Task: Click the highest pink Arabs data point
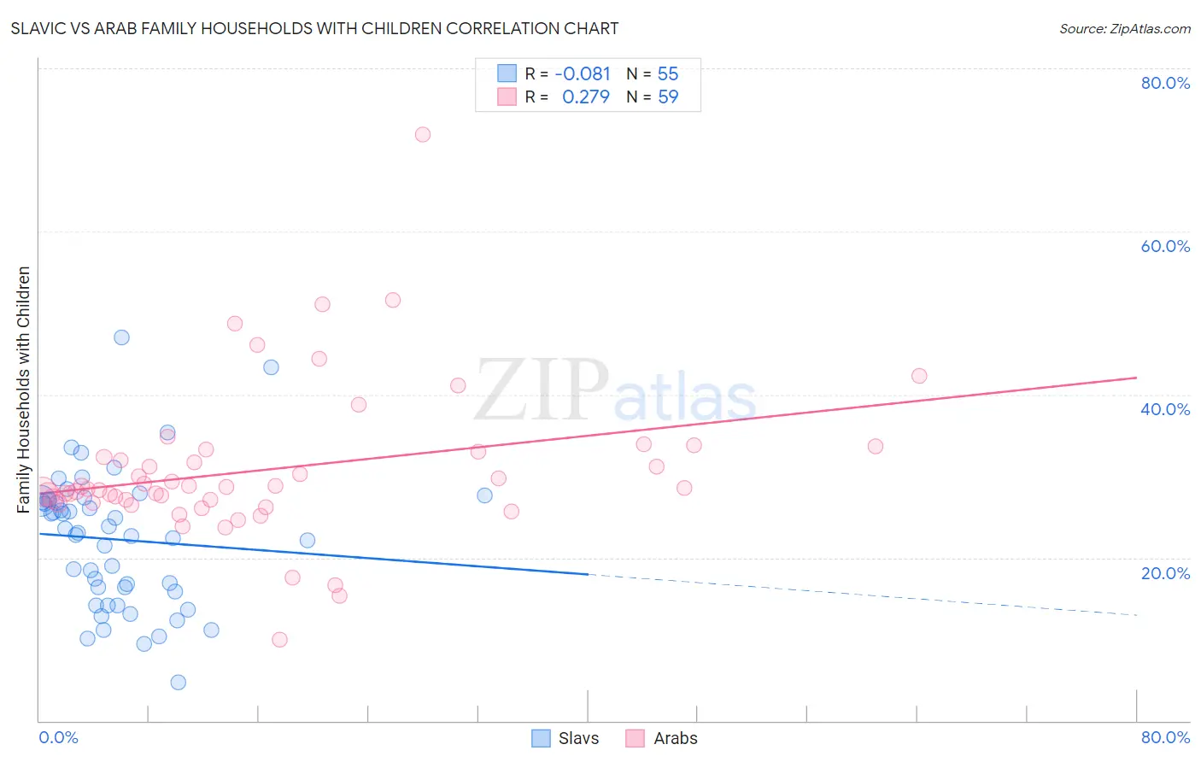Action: coord(422,134)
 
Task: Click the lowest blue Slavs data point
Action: coord(178,682)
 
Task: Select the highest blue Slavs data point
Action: coord(121,337)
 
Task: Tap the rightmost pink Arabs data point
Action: coord(919,376)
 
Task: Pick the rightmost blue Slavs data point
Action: coord(484,495)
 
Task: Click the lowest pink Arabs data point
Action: coord(279,640)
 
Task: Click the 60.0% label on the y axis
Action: coord(1165,246)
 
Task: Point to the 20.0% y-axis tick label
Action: coord(1165,573)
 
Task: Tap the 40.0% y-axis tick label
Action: coord(1165,409)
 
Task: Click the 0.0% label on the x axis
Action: coord(58,737)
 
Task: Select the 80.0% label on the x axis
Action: coord(1165,737)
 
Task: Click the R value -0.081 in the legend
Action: coord(583,73)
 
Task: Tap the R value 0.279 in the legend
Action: coord(586,97)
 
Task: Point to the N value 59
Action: coord(668,97)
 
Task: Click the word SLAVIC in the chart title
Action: coord(35,28)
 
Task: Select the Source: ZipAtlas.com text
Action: coord(1124,28)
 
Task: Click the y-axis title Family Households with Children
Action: coord(23,390)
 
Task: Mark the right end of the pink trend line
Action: coord(1136,377)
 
